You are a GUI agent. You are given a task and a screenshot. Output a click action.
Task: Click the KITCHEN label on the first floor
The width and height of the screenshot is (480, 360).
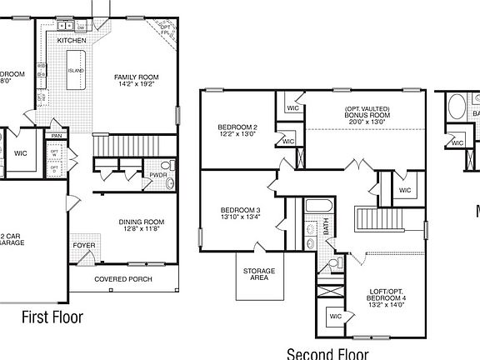(x=71, y=40)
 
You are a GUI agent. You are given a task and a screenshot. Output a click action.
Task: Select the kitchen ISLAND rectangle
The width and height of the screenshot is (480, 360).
(x=76, y=71)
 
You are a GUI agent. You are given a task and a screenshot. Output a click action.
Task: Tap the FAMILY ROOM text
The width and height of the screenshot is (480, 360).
(x=136, y=77)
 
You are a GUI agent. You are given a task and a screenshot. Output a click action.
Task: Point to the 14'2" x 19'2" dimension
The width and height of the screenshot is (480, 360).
(x=136, y=84)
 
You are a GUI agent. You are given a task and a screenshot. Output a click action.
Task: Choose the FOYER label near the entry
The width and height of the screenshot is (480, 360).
(x=83, y=246)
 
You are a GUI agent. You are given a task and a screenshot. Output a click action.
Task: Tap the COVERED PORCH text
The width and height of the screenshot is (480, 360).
(x=122, y=278)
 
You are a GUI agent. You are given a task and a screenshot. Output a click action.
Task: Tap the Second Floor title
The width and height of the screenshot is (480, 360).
(x=327, y=353)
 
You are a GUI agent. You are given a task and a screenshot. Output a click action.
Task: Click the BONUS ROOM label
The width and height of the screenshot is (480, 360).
(x=367, y=114)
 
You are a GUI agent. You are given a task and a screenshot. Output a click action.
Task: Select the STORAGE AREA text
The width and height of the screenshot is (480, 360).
(x=259, y=274)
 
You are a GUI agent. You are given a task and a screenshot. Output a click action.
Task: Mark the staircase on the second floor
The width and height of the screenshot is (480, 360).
(x=380, y=220)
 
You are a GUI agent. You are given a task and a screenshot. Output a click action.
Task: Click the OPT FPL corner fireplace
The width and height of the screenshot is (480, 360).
(x=167, y=32)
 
